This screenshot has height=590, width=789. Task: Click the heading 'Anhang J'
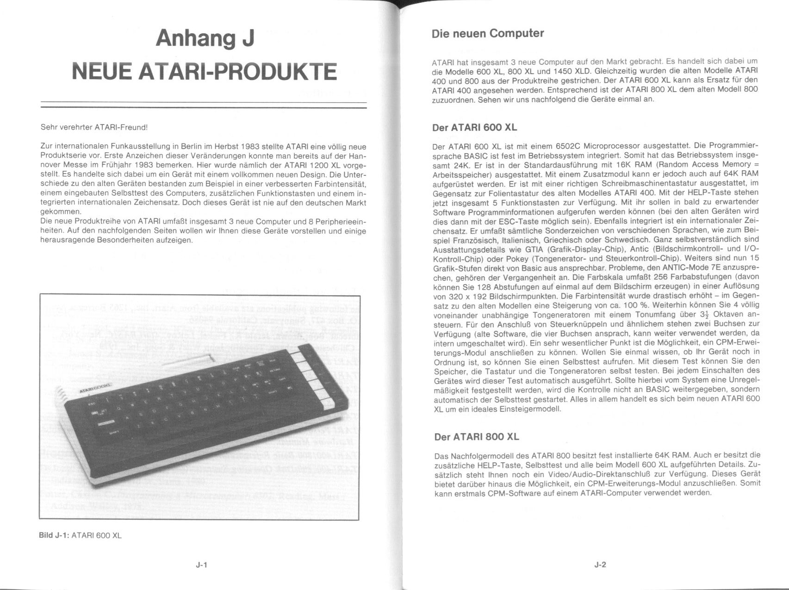point(205,38)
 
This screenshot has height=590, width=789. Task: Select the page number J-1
point(201,565)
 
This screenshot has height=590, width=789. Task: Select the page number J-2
point(600,565)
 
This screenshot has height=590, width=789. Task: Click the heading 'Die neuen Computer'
point(488,34)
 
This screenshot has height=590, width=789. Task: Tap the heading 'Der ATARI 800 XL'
point(477,437)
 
